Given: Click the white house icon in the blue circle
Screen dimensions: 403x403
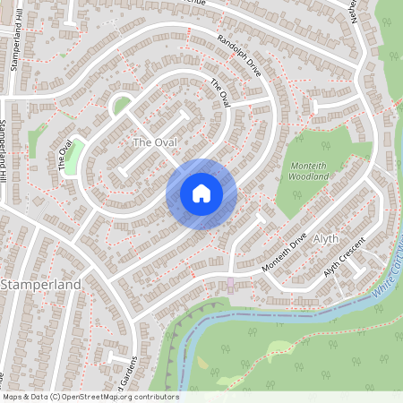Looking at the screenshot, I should tap(201, 193).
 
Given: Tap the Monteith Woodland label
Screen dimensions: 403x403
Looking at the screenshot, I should tap(310, 170).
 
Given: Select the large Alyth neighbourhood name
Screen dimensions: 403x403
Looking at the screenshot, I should tap(326, 238).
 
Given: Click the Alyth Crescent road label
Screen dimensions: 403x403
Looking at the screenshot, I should tap(346, 262).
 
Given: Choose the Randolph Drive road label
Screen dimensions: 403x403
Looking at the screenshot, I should tap(240, 56).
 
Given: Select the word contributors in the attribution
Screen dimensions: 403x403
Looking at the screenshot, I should tap(156, 397).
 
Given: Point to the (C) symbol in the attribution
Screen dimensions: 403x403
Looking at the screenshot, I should tap(56, 397).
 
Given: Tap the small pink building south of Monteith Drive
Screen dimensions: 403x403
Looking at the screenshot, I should tap(231, 283).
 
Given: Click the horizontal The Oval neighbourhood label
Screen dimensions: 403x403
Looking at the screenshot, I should tap(154, 142).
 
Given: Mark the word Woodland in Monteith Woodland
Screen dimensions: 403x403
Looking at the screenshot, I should tap(310, 176).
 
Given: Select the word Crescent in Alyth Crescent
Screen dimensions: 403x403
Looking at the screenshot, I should tap(353, 257).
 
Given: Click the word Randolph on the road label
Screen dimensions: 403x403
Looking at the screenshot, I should tap(231, 49).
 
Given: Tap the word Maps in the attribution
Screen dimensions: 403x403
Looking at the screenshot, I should tap(13, 397).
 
